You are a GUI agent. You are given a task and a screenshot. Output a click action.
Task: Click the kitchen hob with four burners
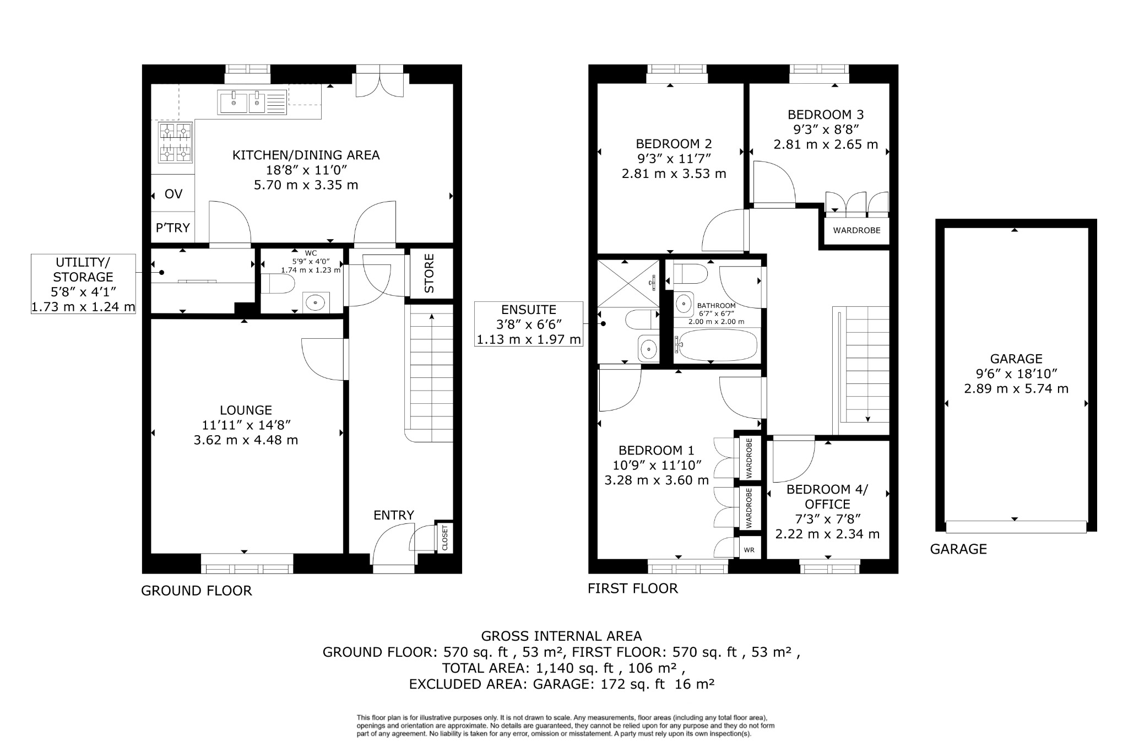coord(176,143)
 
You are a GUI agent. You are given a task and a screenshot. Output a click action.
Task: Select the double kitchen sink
coord(252,102)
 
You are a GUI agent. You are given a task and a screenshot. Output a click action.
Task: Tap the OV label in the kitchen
coord(173,194)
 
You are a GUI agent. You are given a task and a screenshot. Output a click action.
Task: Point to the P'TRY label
coord(172,228)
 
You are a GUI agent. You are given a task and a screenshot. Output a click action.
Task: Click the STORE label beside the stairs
coord(430,273)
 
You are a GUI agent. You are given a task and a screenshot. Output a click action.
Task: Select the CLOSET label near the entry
coord(444,537)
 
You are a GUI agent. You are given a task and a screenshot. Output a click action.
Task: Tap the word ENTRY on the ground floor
coord(393,515)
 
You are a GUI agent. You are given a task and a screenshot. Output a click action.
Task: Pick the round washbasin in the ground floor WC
coord(315,302)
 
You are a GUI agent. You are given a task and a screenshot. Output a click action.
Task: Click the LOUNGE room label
coord(246,410)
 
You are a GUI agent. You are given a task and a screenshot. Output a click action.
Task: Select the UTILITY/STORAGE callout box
coord(83,284)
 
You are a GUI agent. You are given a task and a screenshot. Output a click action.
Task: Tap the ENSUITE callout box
coord(529,324)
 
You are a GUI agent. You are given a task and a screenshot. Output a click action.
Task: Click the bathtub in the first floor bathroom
coord(716,345)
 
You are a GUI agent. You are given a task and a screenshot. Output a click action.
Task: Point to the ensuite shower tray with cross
coord(628,283)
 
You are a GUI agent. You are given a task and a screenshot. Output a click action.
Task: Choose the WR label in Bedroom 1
coord(749,550)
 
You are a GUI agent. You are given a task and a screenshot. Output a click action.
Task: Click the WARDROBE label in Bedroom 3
coord(856,230)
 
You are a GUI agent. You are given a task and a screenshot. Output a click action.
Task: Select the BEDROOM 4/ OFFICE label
coord(827,496)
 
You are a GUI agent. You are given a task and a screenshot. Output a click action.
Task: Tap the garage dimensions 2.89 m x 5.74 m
coord(1016,389)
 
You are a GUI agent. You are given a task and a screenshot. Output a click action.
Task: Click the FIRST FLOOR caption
coord(632,588)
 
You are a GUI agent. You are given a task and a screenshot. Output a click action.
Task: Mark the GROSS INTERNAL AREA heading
coord(561,636)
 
